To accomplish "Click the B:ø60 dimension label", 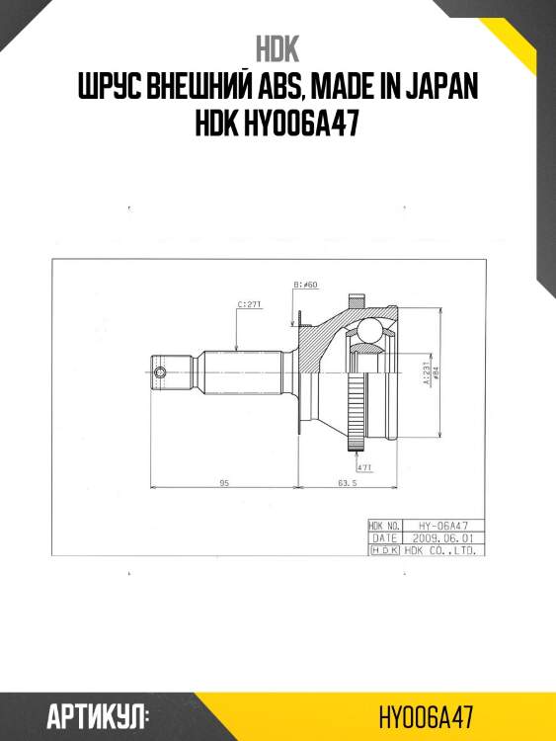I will [x=305, y=285].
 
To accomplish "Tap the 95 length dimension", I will [x=224, y=482].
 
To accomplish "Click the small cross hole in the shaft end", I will [x=162, y=372].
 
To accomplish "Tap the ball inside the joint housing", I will [x=370, y=330].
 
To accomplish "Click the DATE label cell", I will [x=383, y=537].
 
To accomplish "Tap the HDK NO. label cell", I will [x=383, y=526].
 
